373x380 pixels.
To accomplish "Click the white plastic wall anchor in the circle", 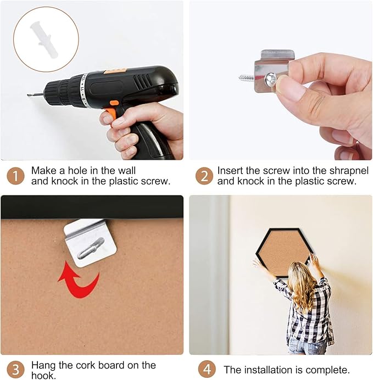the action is tap(43, 40).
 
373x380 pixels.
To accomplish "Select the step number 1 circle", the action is tap(16, 176).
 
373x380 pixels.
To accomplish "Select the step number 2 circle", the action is tap(204, 176).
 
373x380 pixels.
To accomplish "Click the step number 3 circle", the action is tap(16, 370).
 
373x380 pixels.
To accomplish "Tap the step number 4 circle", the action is tap(207, 370).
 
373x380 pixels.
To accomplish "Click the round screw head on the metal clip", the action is tap(271, 80).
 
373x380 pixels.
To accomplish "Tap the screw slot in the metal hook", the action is tap(91, 248).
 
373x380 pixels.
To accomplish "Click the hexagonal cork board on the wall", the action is tap(283, 253).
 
